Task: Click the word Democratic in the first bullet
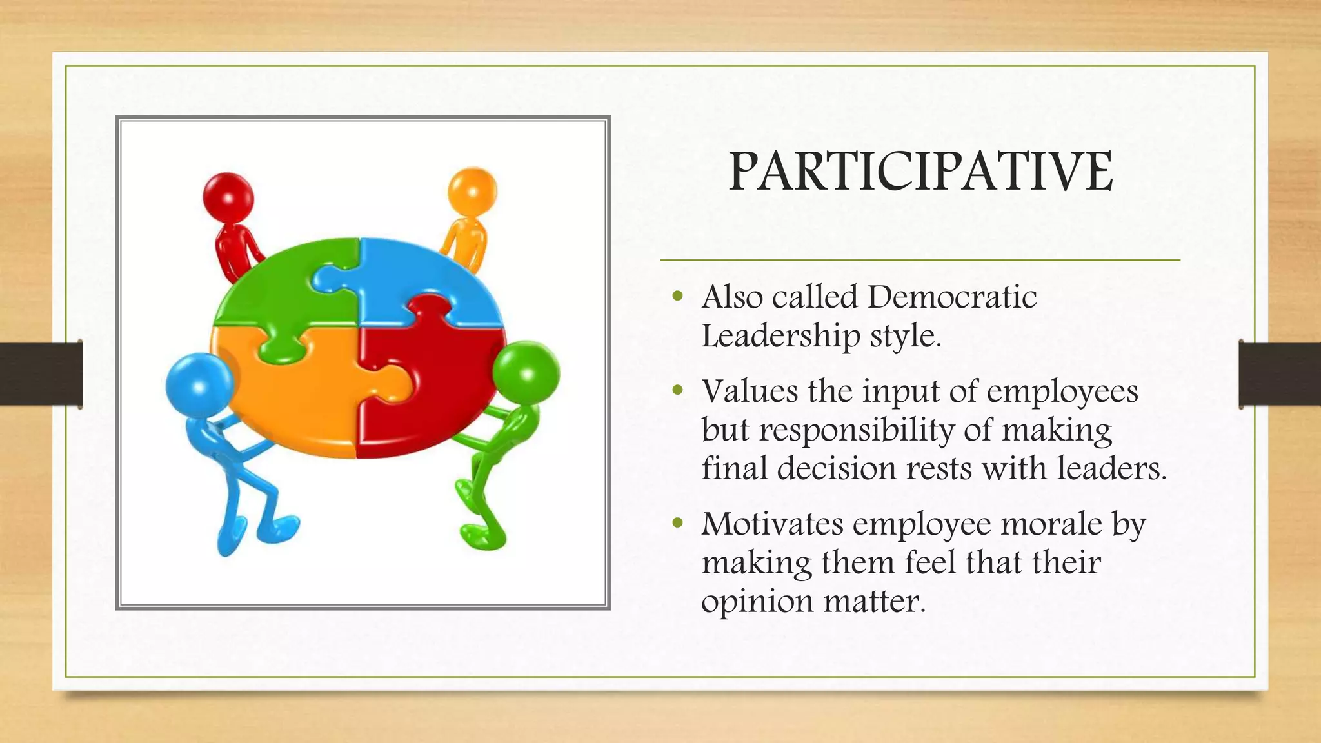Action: [x=952, y=297]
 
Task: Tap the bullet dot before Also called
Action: [x=677, y=297]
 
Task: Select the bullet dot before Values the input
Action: [x=677, y=391]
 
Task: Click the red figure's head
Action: [x=228, y=196]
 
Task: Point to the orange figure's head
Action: [x=472, y=192]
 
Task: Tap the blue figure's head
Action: [x=199, y=385]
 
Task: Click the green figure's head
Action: [x=526, y=373]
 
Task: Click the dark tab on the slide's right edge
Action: [x=1279, y=375]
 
